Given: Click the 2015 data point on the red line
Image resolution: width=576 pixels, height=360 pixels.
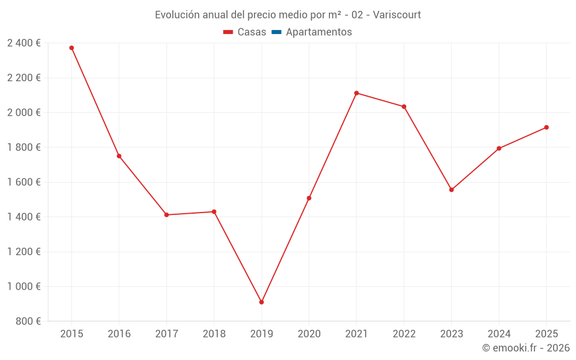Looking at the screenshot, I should coord(71,48).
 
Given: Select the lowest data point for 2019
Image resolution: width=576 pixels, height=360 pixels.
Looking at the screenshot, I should coord(262,302).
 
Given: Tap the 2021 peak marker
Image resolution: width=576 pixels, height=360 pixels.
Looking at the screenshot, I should coord(357,93).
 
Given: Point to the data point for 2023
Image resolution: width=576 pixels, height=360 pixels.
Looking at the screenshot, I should coord(452,190).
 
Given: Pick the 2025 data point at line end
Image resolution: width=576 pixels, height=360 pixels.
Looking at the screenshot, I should coord(547,127).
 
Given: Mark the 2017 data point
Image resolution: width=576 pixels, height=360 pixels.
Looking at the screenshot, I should coord(166,215).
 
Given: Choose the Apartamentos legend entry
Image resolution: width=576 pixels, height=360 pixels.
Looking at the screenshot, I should coord(319,32).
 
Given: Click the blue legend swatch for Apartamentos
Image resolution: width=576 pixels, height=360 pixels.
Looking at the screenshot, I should coord(276,32).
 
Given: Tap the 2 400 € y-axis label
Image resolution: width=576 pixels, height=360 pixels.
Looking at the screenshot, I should coord(24,43).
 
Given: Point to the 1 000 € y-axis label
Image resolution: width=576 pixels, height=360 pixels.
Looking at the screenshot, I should coord(24,286).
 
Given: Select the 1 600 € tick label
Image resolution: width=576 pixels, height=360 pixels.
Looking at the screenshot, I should coord(24,182).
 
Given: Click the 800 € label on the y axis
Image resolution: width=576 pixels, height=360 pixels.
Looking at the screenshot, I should coord(29,321).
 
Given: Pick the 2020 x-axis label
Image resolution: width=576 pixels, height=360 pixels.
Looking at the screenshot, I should coord(309,334).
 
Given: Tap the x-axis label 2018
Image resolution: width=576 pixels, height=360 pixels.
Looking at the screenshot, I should coord(214,334).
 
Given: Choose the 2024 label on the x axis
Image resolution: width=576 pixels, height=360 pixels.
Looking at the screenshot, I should coord(499,334).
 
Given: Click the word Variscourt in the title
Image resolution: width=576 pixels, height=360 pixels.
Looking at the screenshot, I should coord(397,15).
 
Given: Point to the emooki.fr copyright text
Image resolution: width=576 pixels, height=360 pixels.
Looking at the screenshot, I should coord(526,348).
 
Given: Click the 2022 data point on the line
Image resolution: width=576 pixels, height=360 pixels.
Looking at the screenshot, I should coord(404,107).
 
